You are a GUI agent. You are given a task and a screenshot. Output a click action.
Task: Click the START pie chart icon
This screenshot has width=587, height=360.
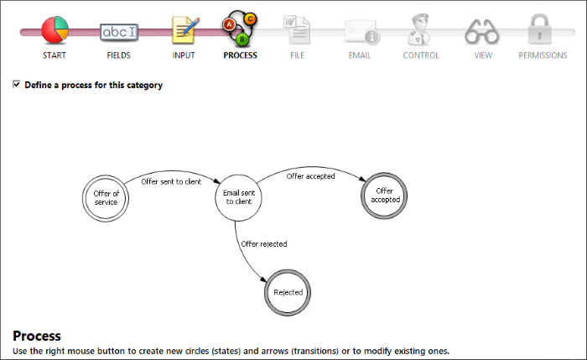tap(55, 30)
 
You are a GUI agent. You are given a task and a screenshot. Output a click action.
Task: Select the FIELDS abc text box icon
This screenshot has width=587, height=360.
tap(119, 32)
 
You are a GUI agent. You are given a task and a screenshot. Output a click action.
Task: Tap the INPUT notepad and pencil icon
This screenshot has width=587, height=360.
tap(185, 30)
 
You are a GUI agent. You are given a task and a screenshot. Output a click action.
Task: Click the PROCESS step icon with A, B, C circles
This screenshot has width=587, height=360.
tap(240, 29)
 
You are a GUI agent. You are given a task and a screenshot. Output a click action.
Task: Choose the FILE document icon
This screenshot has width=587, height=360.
tap(297, 30)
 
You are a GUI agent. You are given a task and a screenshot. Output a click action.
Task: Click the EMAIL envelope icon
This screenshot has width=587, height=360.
tap(361, 32)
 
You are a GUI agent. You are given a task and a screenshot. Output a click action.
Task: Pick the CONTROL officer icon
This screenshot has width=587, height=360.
tap(419, 29)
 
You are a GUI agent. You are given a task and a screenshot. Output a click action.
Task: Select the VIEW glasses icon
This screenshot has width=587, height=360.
tap(482, 32)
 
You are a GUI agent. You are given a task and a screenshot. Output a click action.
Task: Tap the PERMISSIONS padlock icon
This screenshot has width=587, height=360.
tap(540, 29)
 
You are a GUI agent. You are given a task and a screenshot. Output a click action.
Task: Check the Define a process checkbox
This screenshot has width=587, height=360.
tap(17, 84)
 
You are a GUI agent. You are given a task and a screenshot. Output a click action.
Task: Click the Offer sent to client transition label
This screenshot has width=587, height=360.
tap(171, 182)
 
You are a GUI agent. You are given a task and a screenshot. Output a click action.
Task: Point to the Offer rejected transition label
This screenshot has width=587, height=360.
tap(264, 244)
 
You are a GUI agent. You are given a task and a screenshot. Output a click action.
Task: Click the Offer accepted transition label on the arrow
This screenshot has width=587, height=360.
tap(311, 176)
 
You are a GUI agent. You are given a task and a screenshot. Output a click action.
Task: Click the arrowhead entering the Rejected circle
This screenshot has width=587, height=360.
tap(263, 279)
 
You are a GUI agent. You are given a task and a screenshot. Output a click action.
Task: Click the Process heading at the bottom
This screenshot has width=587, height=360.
tap(37, 336)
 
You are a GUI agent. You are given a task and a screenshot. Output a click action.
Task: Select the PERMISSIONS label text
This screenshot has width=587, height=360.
tap(543, 55)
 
